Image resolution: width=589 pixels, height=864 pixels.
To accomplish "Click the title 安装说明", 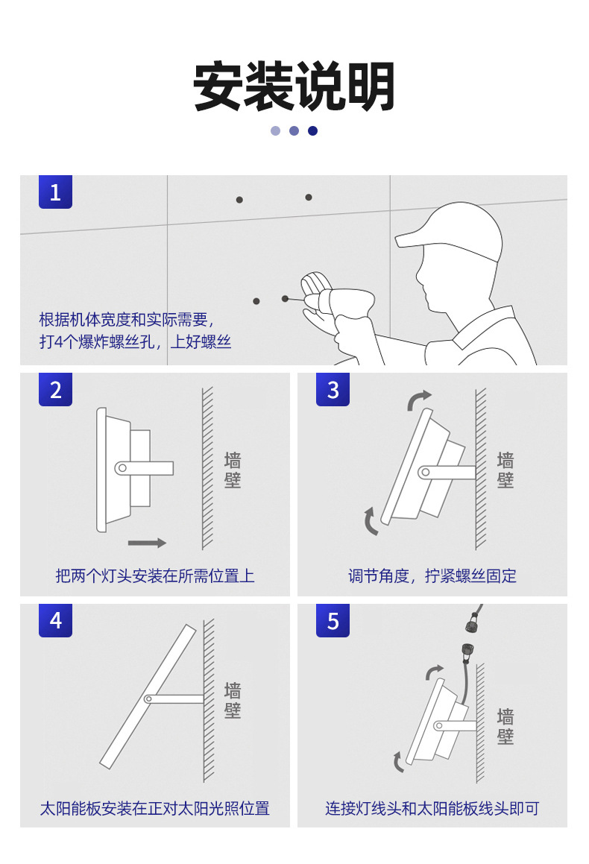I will (x=294, y=87).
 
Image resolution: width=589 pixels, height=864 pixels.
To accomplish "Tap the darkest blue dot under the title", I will (x=312, y=130).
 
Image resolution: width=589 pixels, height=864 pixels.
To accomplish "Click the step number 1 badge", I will (x=55, y=192).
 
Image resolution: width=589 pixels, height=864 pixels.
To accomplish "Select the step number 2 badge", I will (x=55, y=390).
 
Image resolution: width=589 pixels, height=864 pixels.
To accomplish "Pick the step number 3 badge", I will (x=333, y=390).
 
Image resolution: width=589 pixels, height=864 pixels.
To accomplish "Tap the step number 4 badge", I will (x=55, y=620).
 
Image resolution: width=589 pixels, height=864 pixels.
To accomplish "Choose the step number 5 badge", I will (x=333, y=620).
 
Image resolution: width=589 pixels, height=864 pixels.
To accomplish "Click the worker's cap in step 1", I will (x=452, y=231).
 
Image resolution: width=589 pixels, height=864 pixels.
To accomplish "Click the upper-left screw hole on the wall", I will (x=239, y=200).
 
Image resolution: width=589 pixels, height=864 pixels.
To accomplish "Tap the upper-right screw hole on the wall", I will (x=309, y=198).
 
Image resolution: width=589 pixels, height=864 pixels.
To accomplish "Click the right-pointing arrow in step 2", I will (x=147, y=543).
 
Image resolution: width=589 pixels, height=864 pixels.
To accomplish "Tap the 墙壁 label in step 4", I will (x=233, y=699).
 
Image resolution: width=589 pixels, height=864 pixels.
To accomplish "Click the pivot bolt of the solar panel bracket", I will (x=148, y=699).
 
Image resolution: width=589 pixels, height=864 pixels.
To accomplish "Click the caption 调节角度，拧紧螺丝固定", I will (x=432, y=576).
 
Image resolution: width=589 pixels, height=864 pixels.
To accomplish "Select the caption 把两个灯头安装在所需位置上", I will (x=154, y=576).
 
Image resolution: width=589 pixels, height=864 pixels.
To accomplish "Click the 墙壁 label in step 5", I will (x=505, y=726).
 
